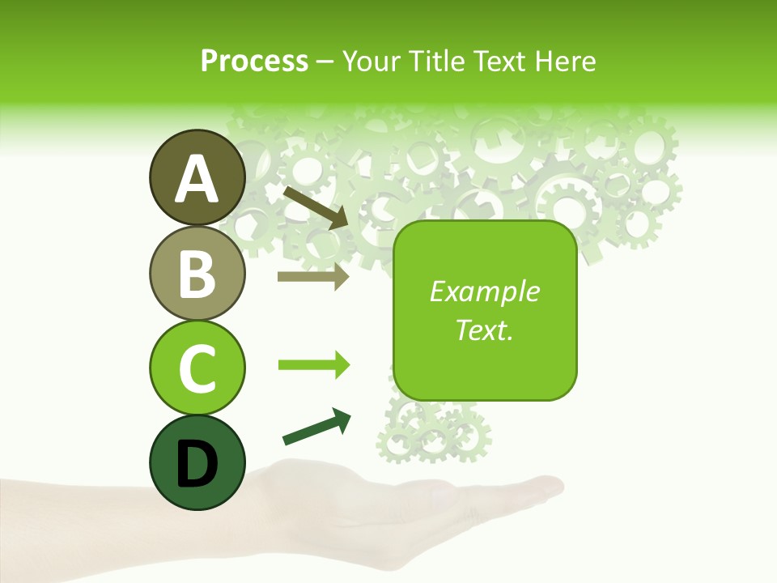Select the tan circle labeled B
click(197, 274)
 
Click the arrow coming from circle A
click(315, 206)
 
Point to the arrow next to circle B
click(313, 276)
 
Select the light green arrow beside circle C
click(313, 365)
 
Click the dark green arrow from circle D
click(316, 427)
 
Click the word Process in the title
click(254, 61)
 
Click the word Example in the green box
click(484, 292)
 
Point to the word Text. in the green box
click(484, 330)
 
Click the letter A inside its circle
click(197, 179)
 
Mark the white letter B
click(197, 274)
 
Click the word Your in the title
click(372, 61)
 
